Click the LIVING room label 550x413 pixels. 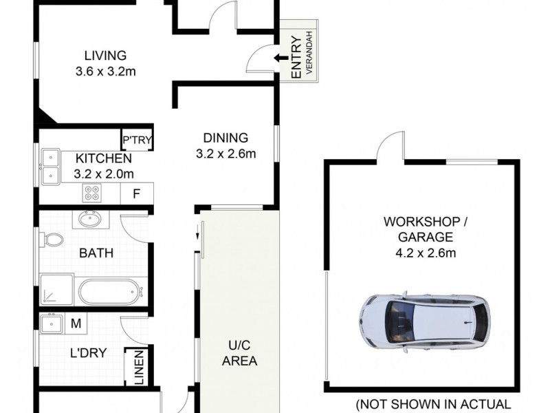tap(105, 56)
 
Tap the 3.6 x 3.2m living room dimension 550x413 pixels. tap(105, 70)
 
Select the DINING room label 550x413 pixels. tap(225, 138)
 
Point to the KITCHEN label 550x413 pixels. tap(104, 159)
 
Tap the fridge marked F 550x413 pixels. tap(137, 193)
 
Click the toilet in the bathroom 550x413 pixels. tap(52, 240)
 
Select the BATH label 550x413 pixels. tap(96, 253)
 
